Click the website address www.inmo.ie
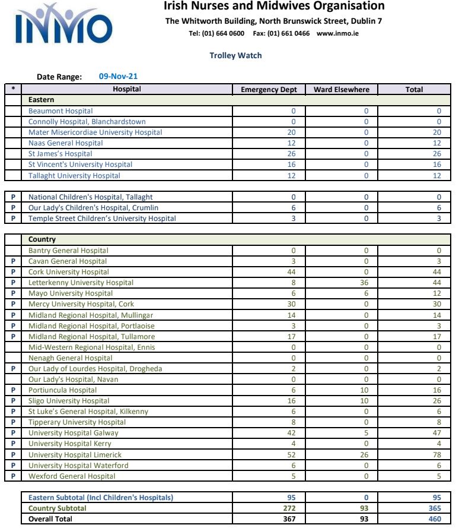coord(337,34)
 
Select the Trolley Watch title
coord(235,56)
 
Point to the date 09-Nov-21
coord(119,77)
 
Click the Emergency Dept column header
coord(268,90)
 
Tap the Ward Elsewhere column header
coord(341,90)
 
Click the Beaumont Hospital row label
coord(60,111)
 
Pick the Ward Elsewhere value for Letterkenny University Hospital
coord(365,283)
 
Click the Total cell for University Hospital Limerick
coord(437,455)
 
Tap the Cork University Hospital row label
coord(69,272)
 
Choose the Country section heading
coord(42,240)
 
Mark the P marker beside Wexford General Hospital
coord(13,476)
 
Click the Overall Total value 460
coord(435,519)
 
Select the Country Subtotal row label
coord(58,508)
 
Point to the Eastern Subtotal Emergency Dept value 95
coord(291,498)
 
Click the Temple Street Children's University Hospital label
coord(102,219)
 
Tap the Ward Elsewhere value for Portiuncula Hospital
coord(365,390)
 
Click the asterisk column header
coord(13,90)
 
